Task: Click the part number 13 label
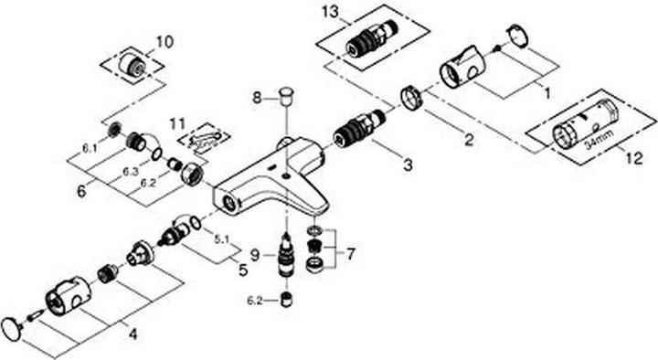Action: point(330,12)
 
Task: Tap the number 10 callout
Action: point(164,42)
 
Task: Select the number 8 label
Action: point(257,99)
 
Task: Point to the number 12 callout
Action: point(634,158)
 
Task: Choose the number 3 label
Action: point(408,164)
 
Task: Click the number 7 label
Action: point(351,253)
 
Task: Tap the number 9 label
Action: point(255,255)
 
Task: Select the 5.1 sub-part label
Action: point(221,239)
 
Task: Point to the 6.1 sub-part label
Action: point(89,147)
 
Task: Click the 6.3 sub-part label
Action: point(131,172)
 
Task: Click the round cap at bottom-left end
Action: point(13,329)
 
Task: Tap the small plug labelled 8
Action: point(287,95)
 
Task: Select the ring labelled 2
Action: point(412,97)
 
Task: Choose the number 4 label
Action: point(133,334)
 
